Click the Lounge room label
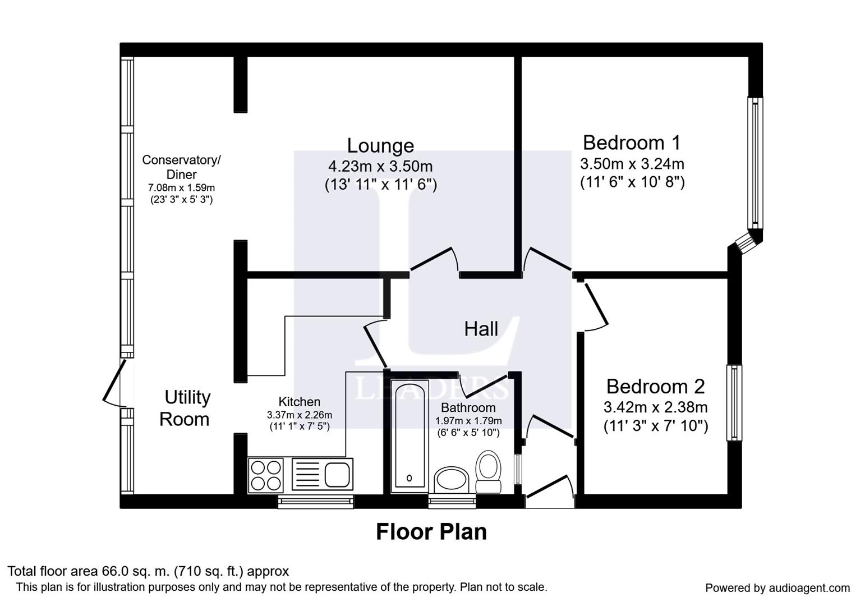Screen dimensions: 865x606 click(380, 146)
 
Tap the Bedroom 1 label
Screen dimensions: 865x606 click(632, 143)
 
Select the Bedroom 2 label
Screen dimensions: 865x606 click(655, 387)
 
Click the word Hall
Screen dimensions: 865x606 click(481, 329)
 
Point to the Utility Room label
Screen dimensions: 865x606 click(185, 408)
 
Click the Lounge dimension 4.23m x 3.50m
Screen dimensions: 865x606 click(380, 167)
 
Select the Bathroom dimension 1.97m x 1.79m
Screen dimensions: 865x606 click(468, 421)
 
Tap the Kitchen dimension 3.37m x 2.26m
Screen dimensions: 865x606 click(300, 415)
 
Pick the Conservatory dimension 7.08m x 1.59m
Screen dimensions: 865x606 click(181, 188)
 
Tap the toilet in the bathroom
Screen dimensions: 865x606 click(488, 471)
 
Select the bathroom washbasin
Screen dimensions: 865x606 click(452, 480)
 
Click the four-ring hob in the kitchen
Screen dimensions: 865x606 click(266, 475)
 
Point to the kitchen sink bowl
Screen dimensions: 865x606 click(337, 475)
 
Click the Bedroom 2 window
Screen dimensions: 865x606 click(734, 403)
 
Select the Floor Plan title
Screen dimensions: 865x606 click(431, 532)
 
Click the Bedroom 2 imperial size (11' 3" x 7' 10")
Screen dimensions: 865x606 click(656, 426)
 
